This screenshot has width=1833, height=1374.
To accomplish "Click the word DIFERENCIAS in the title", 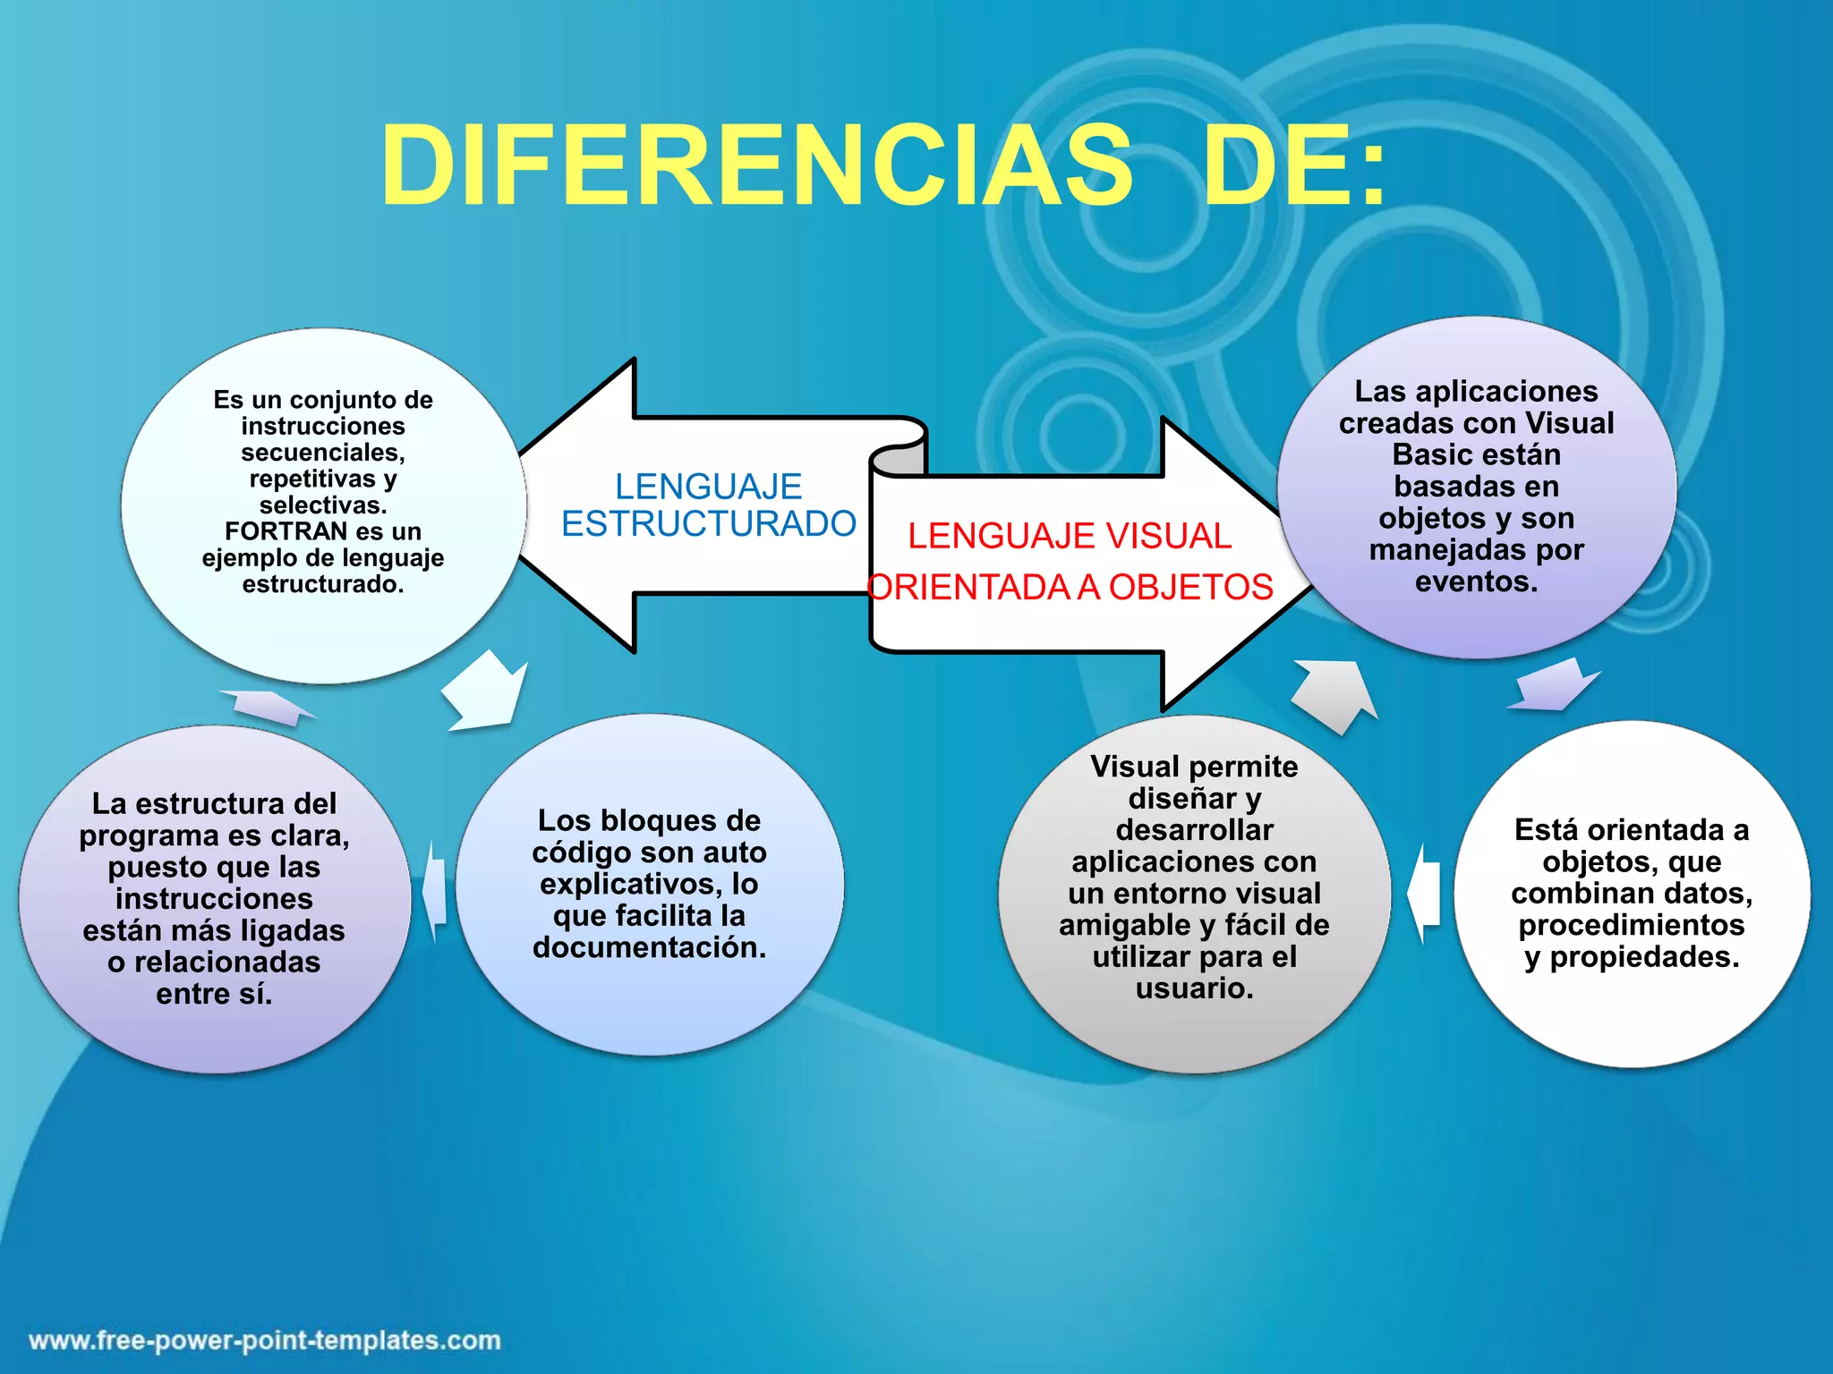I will coord(757,166).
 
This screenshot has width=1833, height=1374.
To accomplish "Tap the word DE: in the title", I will coord(1295,166).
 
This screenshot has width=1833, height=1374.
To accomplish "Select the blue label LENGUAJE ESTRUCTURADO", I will coord(708,505).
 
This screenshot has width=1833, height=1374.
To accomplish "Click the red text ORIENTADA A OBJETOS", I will coord(1070,588).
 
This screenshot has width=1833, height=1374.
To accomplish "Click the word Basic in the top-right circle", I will coord(1430,455).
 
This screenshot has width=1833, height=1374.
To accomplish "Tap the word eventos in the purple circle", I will coord(1475,582).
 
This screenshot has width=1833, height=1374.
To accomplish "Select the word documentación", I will coord(649,947).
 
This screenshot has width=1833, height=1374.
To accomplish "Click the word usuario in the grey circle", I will coord(1194,988).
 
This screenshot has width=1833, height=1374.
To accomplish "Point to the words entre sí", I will coord(214,994).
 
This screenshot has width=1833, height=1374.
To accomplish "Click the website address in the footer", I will coord(265,1340).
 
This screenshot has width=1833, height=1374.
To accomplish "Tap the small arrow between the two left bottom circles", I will coord(435,889).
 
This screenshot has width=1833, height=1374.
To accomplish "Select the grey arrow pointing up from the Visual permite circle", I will coord(1334,693).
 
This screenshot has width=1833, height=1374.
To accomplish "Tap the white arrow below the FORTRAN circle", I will coord(484,691).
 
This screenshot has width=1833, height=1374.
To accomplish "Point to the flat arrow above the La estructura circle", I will coord(267,706).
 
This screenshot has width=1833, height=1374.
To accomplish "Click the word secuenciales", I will coord(322,453).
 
